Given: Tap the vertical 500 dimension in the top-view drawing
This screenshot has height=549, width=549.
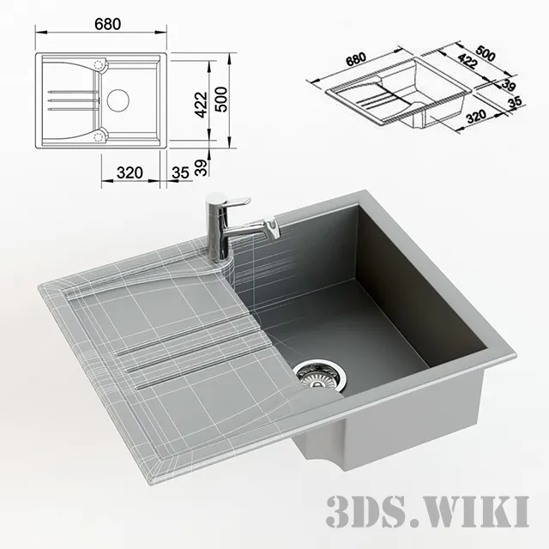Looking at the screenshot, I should [222, 101].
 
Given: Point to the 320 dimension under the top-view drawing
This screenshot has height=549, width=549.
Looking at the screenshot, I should [129, 172].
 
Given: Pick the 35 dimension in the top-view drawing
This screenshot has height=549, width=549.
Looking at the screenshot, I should [180, 172].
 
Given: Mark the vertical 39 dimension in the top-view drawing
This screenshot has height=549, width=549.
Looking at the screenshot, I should [199, 168].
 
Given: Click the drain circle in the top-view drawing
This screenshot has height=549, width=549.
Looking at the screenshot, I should [118, 100].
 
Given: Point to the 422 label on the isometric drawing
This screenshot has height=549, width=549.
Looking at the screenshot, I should [469, 62].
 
